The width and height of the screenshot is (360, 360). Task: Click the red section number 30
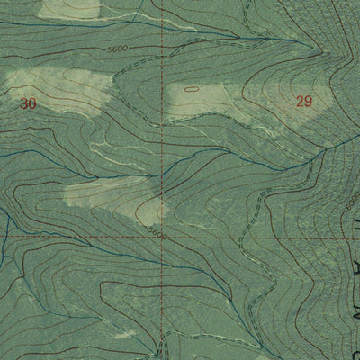(x=28, y=103)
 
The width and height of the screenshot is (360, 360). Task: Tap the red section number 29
(x=303, y=102)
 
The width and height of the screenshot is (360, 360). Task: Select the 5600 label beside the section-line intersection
(x=158, y=231)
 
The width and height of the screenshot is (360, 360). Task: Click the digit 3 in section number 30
(x=23, y=103)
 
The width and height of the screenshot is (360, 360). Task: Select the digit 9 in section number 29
(x=308, y=102)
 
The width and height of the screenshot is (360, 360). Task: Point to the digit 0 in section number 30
(x=32, y=103)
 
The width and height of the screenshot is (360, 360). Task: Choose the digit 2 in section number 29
(x=299, y=102)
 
